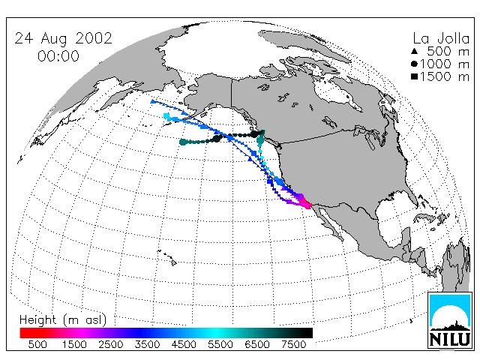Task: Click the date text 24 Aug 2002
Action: point(63,39)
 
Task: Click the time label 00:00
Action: point(58,56)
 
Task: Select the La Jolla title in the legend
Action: point(441,38)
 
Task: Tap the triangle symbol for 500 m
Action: point(415,52)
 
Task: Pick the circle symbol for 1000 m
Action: point(415,64)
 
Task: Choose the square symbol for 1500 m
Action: point(415,76)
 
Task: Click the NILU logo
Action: point(450,320)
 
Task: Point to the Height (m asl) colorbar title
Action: point(63,320)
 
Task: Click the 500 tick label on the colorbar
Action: point(37,345)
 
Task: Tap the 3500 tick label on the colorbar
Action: point(147,345)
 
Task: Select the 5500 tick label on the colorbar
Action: point(220,345)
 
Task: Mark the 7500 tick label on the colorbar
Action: point(293,345)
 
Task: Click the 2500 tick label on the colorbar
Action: point(111,345)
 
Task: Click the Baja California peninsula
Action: point(331,223)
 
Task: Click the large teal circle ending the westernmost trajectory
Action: point(183,142)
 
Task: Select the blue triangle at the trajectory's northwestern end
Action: point(153,102)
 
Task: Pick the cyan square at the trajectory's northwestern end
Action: point(166,116)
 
